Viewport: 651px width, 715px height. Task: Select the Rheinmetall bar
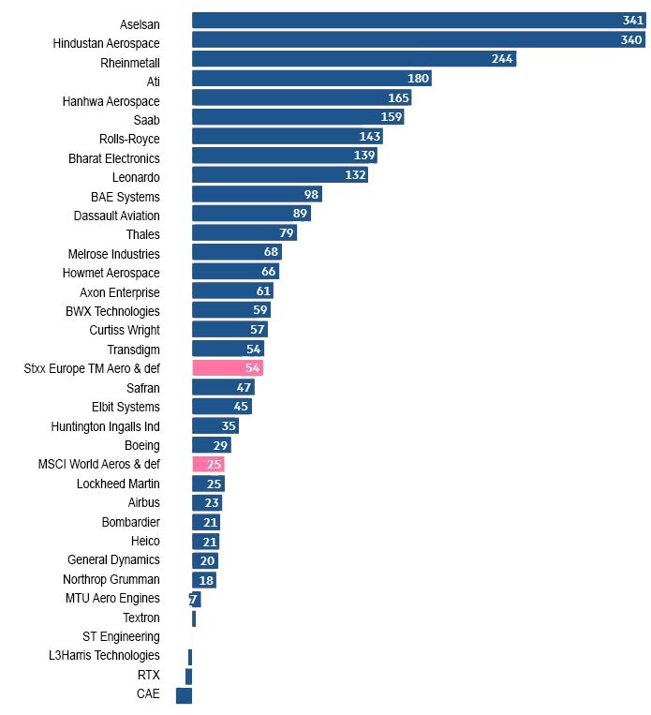click(354, 59)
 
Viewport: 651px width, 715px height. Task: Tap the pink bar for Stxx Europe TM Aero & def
click(227, 368)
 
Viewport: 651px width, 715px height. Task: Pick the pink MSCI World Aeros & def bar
click(208, 464)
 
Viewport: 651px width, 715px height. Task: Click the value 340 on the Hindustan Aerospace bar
click(631, 40)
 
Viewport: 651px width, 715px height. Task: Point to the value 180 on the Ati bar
click(418, 79)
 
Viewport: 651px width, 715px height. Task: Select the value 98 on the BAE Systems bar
click(312, 194)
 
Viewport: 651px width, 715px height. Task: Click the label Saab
click(146, 120)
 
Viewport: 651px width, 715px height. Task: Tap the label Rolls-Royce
click(129, 139)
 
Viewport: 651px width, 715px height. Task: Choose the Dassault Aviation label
click(116, 216)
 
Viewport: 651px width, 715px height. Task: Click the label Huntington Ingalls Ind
click(105, 426)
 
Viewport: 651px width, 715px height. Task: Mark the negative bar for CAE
click(184, 695)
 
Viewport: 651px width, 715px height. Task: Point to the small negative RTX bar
click(188, 676)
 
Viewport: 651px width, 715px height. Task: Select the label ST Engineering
click(121, 637)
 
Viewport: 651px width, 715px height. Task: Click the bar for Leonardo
click(279, 175)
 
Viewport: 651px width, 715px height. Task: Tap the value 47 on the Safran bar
click(244, 387)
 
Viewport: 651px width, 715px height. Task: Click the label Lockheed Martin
click(118, 484)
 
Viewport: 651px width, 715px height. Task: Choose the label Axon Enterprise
click(120, 292)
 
